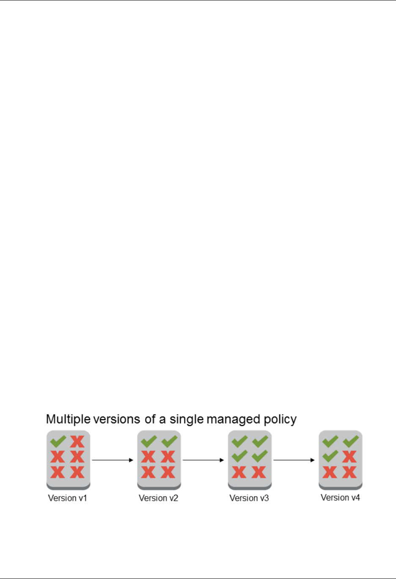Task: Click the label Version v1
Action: click(x=67, y=498)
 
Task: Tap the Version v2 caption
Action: click(x=158, y=498)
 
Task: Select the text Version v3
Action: click(x=249, y=498)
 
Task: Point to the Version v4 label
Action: click(x=340, y=498)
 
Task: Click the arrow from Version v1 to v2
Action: click(x=112, y=460)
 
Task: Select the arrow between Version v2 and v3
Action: click(x=203, y=460)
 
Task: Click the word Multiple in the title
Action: click(x=68, y=419)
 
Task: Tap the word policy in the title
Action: click(x=280, y=419)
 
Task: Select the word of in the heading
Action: click(x=150, y=419)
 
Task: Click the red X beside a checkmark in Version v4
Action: click(x=349, y=457)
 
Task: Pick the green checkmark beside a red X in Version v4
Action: click(x=330, y=457)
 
